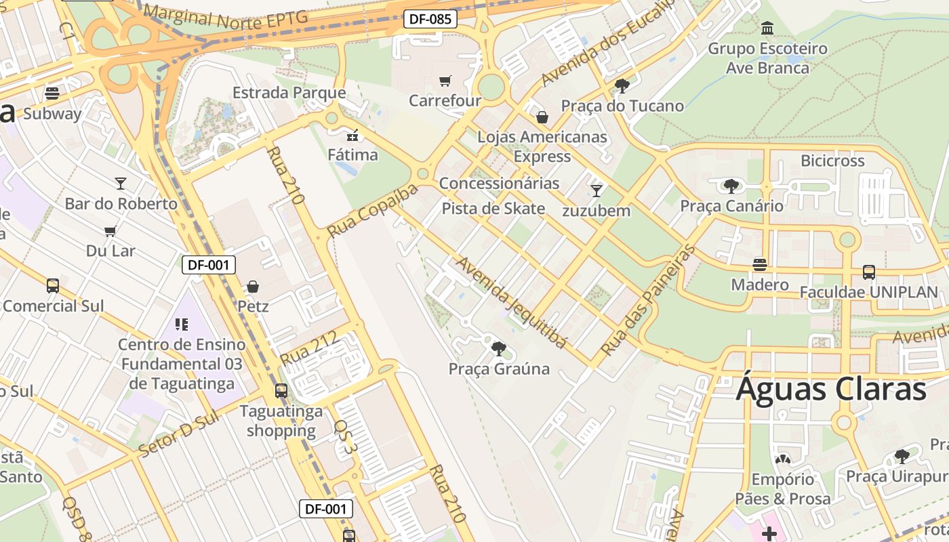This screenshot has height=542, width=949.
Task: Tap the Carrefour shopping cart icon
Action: (x=445, y=81)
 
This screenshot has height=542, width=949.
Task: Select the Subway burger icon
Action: (x=52, y=93)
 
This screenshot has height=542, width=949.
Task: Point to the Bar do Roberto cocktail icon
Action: (x=121, y=183)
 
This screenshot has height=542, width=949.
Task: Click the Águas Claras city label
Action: (x=831, y=390)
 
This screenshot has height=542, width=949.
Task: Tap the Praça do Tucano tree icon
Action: (x=622, y=86)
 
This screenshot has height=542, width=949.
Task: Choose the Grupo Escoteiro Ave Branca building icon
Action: (x=768, y=28)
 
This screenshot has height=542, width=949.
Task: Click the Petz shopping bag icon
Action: (x=253, y=287)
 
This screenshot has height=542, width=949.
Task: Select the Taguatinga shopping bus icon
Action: (x=281, y=391)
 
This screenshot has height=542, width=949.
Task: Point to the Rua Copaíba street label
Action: (x=372, y=211)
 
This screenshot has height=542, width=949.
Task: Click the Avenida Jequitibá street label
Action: (x=512, y=301)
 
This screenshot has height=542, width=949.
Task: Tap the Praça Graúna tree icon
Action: (x=498, y=349)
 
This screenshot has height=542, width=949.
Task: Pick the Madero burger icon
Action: (x=759, y=265)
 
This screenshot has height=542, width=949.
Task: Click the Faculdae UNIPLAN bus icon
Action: (x=868, y=272)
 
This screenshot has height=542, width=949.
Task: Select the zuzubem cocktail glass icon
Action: (x=597, y=190)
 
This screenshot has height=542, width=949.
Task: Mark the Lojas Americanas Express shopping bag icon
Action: (x=542, y=117)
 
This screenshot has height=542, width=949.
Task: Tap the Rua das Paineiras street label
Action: (x=648, y=300)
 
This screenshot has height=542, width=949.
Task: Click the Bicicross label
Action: (x=832, y=161)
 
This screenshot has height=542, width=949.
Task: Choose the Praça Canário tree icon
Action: (x=731, y=186)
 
